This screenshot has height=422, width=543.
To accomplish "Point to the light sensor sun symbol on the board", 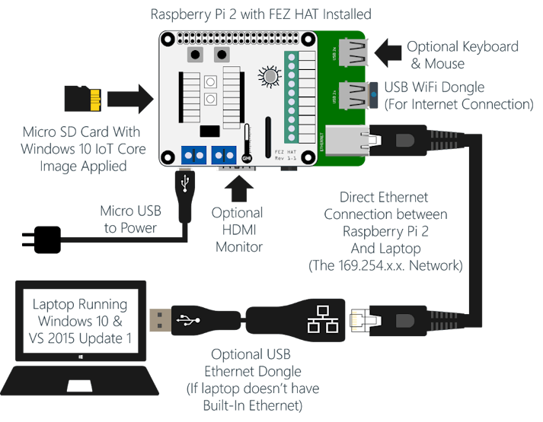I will (x=269, y=76).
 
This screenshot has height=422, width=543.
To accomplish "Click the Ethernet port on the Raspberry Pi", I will (x=350, y=139).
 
